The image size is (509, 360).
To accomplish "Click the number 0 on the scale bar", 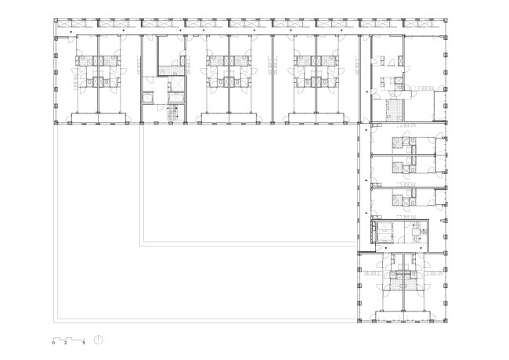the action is click(53, 343).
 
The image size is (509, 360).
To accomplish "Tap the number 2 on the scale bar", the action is click(66, 343).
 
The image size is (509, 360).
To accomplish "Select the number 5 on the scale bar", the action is click(84, 343).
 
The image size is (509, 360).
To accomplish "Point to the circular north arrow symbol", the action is click(99, 340).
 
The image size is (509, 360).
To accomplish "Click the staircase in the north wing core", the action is click(173, 113).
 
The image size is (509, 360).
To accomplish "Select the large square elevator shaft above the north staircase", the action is click(176, 85).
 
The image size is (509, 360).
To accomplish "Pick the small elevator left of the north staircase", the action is click(148, 98).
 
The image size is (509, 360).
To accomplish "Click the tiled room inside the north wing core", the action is click(167, 70).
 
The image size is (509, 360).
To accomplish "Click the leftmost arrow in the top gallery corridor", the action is click(71, 32).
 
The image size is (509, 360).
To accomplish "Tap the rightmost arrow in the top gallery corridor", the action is click(341, 31).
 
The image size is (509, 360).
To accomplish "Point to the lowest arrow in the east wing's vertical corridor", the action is click(366, 213).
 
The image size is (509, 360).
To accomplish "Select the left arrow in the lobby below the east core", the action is click(385, 248).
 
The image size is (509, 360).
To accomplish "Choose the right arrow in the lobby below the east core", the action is click(421, 248).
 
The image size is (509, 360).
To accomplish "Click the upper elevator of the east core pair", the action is click(384, 226).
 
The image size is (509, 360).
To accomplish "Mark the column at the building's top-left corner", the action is click(56, 20).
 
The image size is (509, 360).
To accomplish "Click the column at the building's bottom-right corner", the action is click(446, 320).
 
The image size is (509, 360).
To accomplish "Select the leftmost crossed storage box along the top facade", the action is click(64, 23).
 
